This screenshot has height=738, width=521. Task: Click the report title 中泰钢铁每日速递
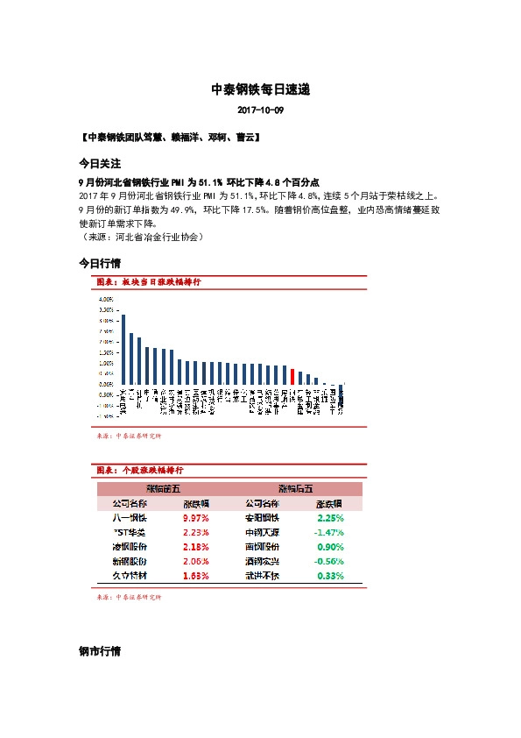click(x=261, y=89)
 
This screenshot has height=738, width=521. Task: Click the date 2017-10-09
click(x=261, y=111)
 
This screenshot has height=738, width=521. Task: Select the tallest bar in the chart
click(x=123, y=351)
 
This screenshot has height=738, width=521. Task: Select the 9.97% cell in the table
click(x=195, y=518)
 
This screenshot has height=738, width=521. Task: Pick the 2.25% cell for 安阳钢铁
click(x=330, y=518)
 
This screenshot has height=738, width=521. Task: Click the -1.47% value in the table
click(x=328, y=532)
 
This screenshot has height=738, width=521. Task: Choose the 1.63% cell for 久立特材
click(x=195, y=575)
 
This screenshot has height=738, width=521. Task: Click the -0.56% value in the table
click(x=328, y=561)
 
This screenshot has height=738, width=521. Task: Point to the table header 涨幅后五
click(x=295, y=489)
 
